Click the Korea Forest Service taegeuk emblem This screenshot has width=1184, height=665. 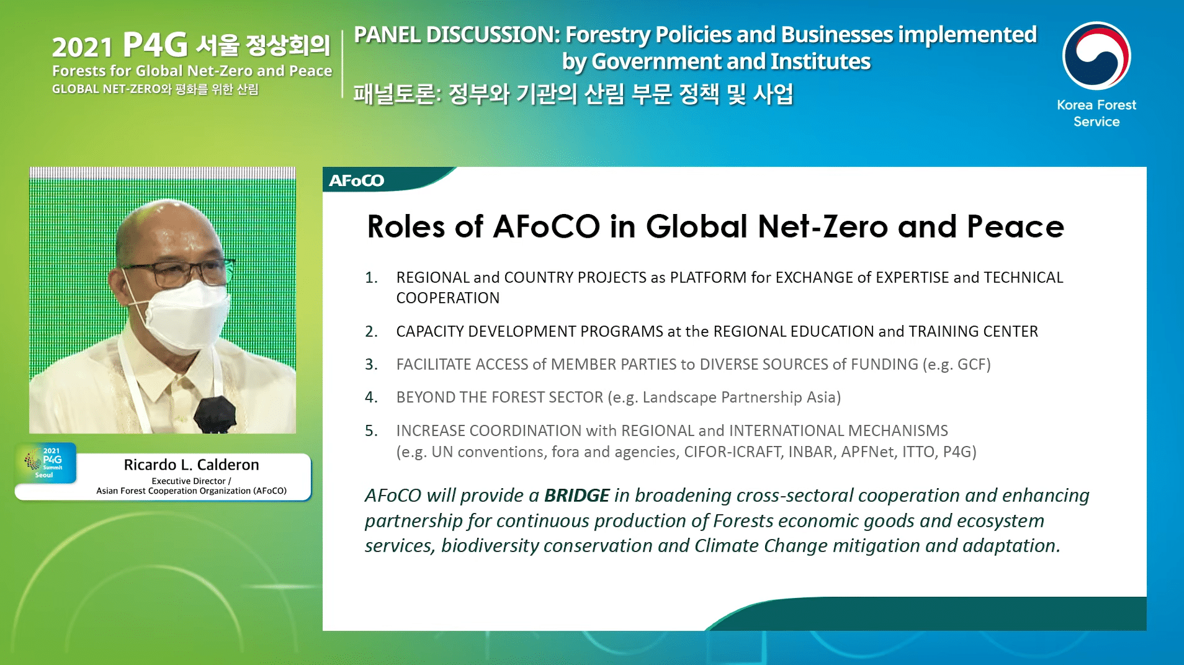pyautogui.click(x=1097, y=56)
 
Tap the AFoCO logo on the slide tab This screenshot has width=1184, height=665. pyautogui.click(x=357, y=181)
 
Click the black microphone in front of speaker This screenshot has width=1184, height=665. pyautogui.click(x=215, y=414)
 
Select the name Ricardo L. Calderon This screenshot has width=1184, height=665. pyautogui.click(x=191, y=465)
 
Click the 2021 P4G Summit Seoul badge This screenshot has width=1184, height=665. pyautogui.click(x=46, y=463)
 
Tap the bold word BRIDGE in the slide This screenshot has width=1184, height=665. pyautogui.click(x=576, y=496)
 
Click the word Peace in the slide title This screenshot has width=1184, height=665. pyautogui.click(x=1015, y=226)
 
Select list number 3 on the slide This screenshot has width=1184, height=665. pyautogui.click(x=371, y=365)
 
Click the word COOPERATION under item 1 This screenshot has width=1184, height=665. pyautogui.click(x=447, y=298)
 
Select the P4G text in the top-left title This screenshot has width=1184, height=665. pyautogui.click(x=155, y=44)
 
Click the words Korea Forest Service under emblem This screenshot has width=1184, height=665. pyautogui.click(x=1097, y=114)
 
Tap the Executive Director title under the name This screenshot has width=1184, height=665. pyautogui.click(x=191, y=481)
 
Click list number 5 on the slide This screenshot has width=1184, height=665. pyautogui.click(x=371, y=431)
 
